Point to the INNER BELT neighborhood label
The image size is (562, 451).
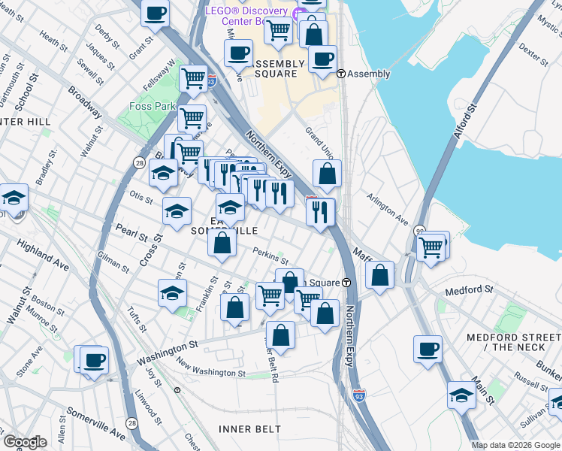(x=249, y=428)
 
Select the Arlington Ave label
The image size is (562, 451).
(x=388, y=209)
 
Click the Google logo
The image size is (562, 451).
(x=25, y=442)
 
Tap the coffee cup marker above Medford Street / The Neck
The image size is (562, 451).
(x=428, y=349)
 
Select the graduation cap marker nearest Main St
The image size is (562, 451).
(x=461, y=395)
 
